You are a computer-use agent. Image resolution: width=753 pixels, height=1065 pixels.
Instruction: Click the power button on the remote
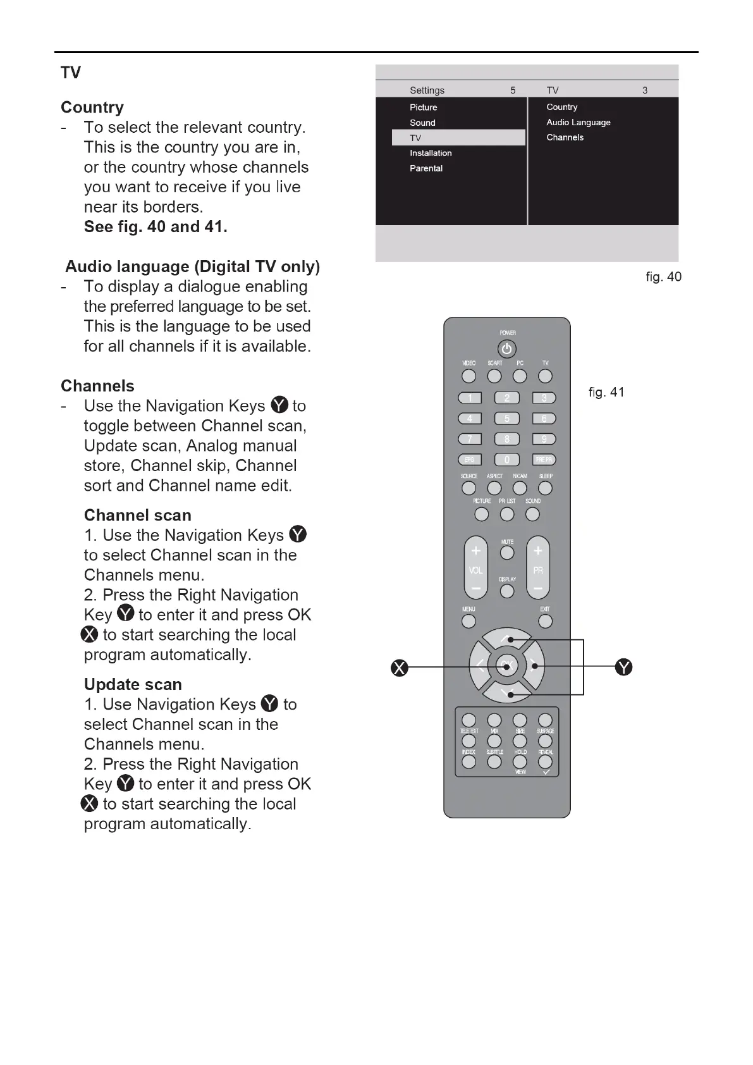point(506,349)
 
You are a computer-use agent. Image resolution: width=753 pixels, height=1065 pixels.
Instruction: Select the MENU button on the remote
point(468,621)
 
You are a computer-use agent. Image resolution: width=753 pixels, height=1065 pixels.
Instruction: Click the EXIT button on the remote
point(545,621)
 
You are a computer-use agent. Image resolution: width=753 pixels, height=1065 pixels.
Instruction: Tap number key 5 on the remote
point(506,419)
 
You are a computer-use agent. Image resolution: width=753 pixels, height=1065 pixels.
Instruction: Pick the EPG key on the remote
point(469,460)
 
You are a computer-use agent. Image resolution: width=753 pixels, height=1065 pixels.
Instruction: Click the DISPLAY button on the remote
point(507,591)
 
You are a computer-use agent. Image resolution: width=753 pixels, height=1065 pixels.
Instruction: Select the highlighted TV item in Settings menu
point(458,138)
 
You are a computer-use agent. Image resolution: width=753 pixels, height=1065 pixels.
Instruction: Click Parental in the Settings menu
point(426,168)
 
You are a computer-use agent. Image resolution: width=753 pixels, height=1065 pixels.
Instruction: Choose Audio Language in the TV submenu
point(579,123)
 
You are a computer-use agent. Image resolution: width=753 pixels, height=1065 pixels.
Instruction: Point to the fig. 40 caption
point(663,277)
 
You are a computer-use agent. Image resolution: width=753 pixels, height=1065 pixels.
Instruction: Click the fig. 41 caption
point(606,392)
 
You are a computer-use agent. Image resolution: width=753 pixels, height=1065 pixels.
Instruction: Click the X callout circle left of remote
point(400,668)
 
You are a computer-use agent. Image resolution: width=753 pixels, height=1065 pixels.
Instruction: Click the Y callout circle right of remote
point(624,667)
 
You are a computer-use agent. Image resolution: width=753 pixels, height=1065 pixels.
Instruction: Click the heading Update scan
point(133,684)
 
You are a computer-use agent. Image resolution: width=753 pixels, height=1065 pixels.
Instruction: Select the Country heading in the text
point(92,107)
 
